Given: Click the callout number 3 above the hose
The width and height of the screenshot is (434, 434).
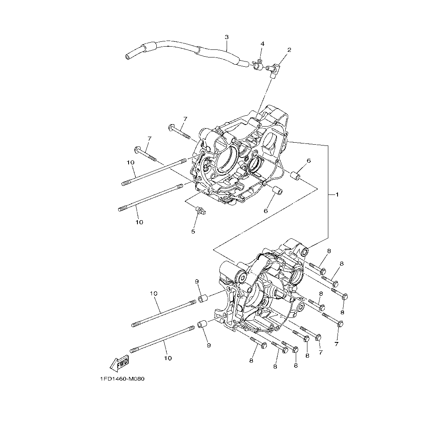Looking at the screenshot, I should [x=227, y=37].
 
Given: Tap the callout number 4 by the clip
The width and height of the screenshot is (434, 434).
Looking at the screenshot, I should [x=262, y=43].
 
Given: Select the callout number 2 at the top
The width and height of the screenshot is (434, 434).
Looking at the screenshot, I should [x=289, y=50].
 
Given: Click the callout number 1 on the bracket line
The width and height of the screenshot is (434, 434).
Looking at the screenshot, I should [x=337, y=194].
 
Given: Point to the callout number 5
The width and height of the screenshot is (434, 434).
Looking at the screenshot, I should [x=193, y=231].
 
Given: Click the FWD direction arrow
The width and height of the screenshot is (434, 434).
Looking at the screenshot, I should [x=119, y=364].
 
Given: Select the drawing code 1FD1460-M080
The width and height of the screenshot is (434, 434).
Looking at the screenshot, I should [x=122, y=379].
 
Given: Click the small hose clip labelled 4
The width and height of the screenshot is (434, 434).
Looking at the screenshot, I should [x=257, y=64].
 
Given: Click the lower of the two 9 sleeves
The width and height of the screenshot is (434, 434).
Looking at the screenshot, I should [x=202, y=324].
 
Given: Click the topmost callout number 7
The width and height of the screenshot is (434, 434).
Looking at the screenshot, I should [x=185, y=119].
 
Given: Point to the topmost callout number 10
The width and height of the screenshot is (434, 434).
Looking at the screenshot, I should [x=130, y=162].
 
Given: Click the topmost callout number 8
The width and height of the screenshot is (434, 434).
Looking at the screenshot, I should [x=329, y=251].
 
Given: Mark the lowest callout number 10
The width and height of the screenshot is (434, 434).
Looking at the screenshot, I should [x=168, y=358].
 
